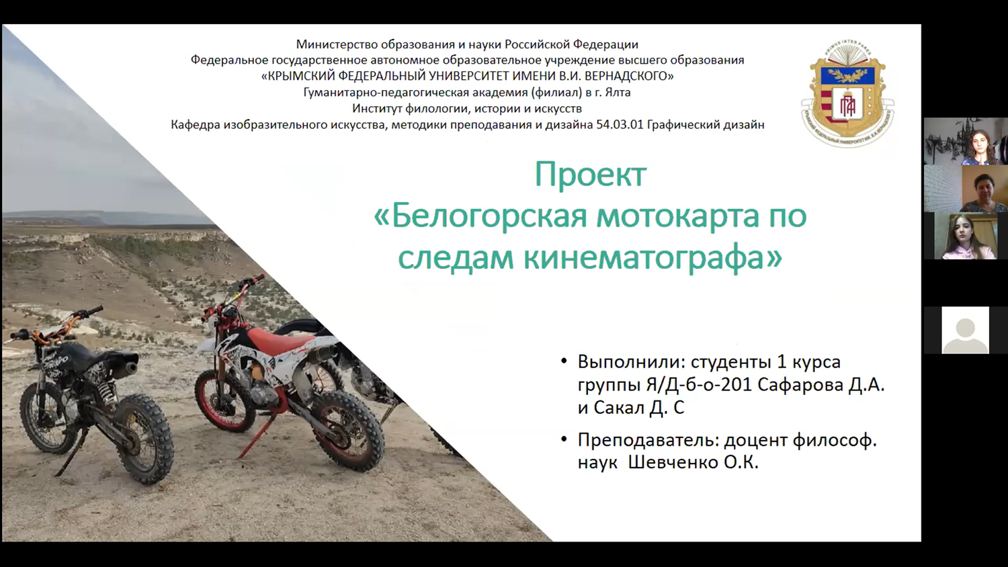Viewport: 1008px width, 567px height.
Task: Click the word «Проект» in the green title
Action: coord(591,175)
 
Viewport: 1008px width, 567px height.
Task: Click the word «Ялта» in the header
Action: coord(618,92)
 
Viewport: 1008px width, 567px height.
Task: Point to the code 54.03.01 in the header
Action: coord(620,124)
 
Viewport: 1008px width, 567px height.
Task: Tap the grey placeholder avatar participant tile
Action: coord(965,330)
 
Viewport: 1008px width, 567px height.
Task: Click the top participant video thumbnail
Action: coord(966,141)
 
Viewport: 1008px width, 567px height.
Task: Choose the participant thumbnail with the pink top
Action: coord(965,236)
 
